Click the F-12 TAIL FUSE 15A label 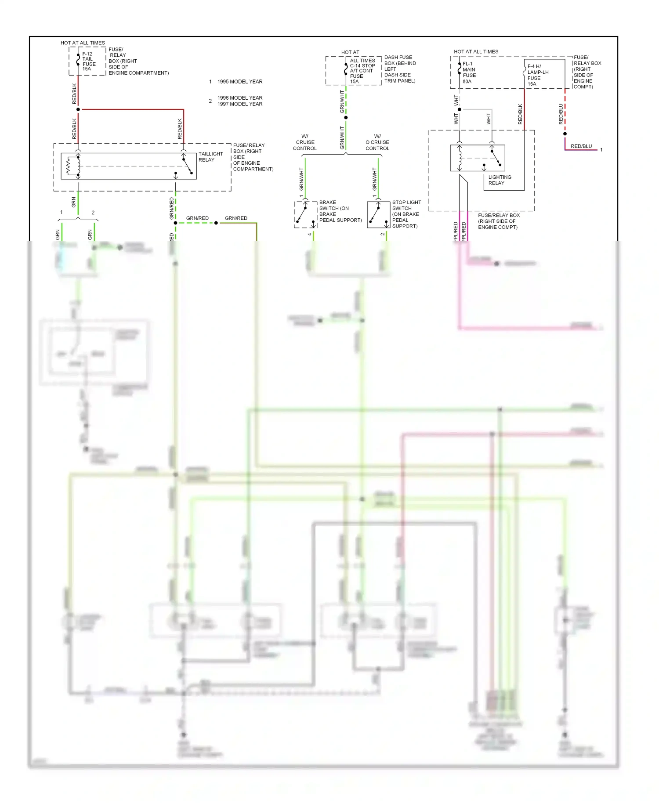click(x=88, y=61)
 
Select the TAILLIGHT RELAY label click(x=210, y=157)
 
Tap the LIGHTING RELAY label click(x=500, y=180)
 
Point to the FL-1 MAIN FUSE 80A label click(x=469, y=72)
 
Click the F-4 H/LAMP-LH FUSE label click(x=537, y=75)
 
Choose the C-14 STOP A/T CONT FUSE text click(x=362, y=71)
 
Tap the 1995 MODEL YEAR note click(x=239, y=82)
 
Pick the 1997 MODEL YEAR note click(x=239, y=104)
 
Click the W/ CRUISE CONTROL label click(x=305, y=142)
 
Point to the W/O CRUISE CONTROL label click(x=377, y=142)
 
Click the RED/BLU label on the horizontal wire click(x=581, y=146)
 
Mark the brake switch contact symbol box click(x=305, y=214)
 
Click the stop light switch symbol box click(x=378, y=214)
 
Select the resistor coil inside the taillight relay click(x=69, y=166)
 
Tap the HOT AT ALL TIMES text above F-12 click(x=83, y=43)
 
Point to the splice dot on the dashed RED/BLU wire click(x=565, y=134)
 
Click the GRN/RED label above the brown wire click(x=236, y=218)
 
